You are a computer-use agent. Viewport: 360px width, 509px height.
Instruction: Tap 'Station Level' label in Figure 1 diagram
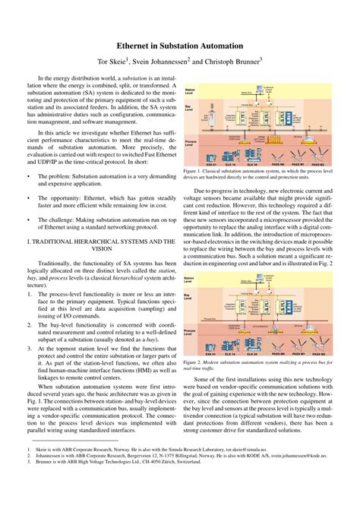(x=190, y=90)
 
